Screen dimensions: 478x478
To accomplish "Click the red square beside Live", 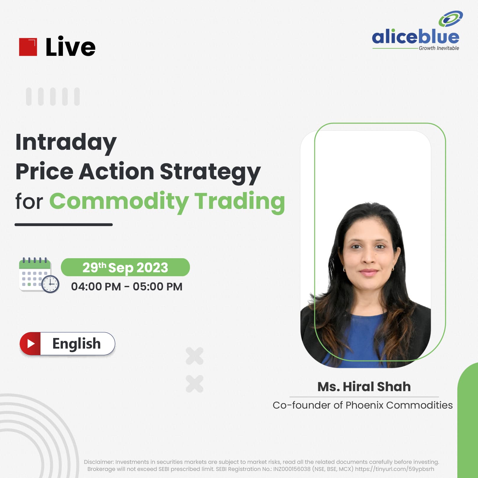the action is (28, 47).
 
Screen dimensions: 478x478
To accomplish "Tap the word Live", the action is (70, 47).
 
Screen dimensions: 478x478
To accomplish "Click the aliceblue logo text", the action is (415, 37).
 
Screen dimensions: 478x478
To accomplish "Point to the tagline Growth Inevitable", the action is (439, 48).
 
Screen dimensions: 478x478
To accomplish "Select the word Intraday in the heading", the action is (66, 143).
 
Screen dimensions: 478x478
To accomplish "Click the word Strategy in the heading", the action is (210, 172).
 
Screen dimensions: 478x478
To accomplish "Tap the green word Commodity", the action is (119, 201).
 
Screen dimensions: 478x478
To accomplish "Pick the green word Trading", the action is (240, 202).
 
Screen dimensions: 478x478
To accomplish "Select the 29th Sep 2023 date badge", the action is (125, 267).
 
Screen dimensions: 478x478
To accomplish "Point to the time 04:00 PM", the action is (96, 287).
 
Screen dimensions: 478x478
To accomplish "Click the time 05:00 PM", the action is (157, 287).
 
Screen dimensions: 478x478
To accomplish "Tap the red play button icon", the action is (30, 344).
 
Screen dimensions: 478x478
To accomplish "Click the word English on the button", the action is (77, 344).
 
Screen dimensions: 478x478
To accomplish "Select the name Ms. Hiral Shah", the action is (364, 387).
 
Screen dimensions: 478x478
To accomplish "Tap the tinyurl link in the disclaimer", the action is (394, 469).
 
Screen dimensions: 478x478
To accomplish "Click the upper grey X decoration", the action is (195, 356).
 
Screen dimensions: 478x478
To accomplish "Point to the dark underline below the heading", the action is (64, 225).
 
